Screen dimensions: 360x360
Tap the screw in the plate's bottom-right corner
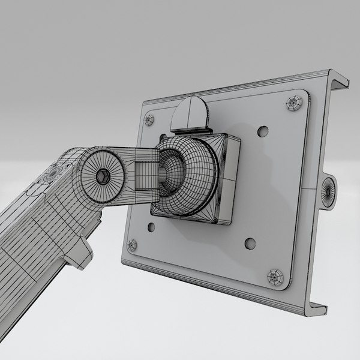275,277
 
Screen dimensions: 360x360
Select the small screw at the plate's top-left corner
149,120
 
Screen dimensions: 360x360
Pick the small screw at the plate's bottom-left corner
132,244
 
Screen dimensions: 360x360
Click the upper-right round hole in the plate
262,130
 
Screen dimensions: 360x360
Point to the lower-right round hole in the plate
250,244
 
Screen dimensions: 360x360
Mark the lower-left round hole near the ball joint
150,227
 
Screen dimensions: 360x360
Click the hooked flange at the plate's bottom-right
318,307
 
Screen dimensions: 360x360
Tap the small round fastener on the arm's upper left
53,173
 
